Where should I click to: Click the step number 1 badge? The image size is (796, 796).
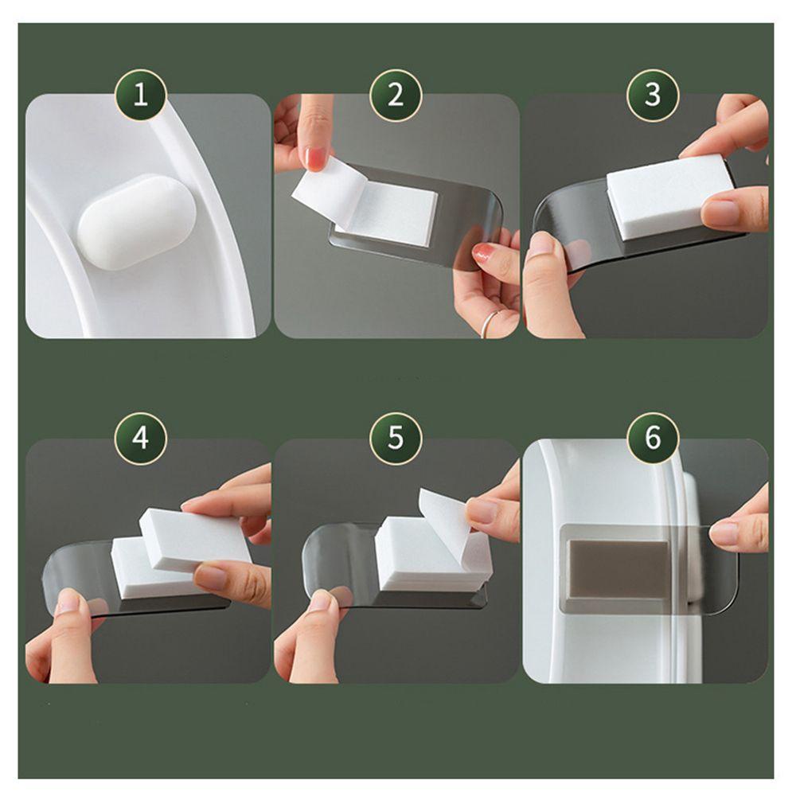(141, 95)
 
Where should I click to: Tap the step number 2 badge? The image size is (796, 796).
(396, 95)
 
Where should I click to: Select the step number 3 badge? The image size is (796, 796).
(653, 95)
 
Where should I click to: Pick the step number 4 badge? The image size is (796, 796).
(141, 438)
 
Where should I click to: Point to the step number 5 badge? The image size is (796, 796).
(396, 438)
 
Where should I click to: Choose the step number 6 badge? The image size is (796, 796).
(653, 438)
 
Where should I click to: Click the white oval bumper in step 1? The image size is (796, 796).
(137, 221)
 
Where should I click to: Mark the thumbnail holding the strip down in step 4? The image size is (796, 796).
(69, 602)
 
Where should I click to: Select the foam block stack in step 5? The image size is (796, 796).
(432, 554)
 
